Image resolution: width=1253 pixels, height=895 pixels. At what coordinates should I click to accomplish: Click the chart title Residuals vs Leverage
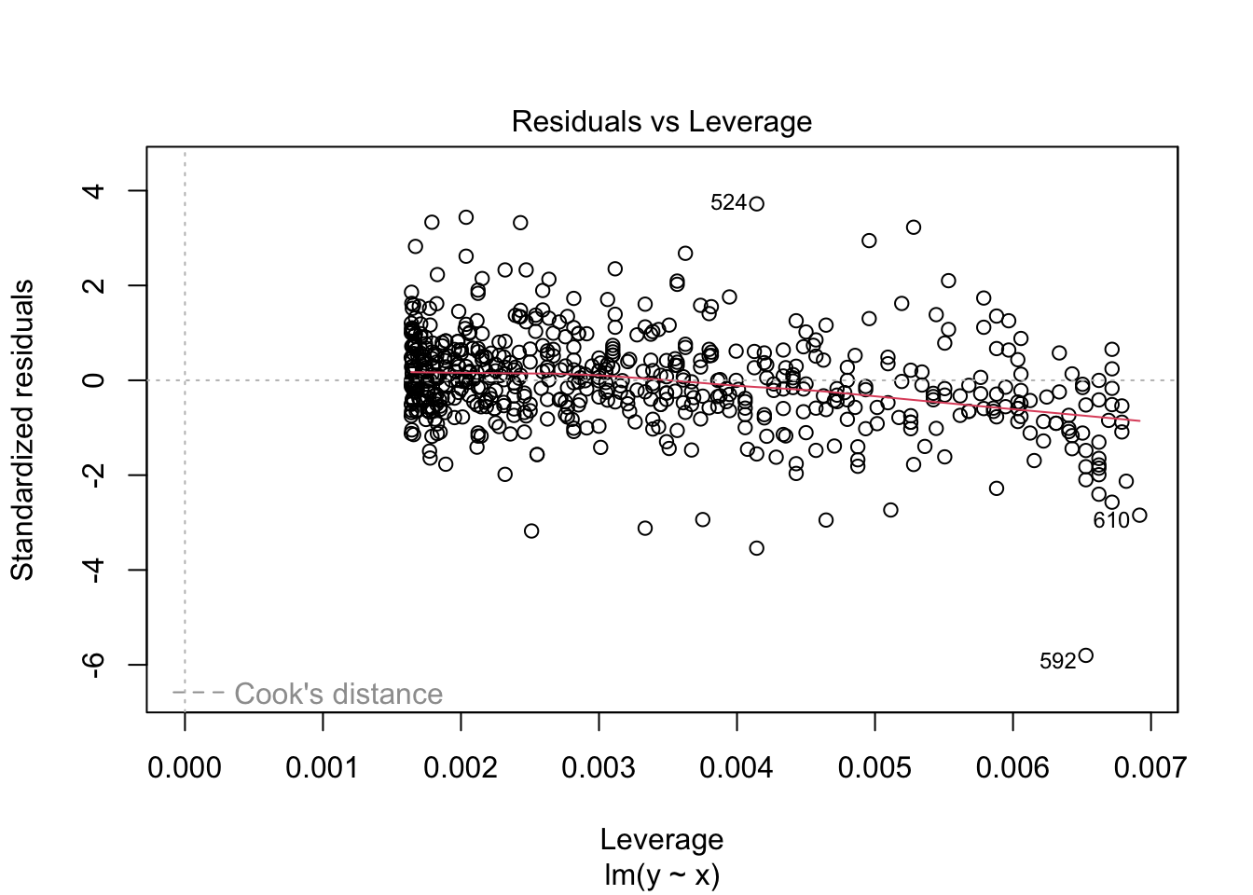[x=662, y=122]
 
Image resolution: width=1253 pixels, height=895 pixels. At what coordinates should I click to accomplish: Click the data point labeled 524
[x=756, y=204]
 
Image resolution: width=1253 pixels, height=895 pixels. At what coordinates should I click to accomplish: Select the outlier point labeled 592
[x=1085, y=655]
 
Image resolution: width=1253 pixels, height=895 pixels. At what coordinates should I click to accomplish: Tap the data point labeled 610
[x=1139, y=516]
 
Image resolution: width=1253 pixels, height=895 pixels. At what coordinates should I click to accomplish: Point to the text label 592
[x=1057, y=662]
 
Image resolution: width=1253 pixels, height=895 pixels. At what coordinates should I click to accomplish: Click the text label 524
[x=728, y=203]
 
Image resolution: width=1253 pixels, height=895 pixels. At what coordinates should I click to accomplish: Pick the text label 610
[x=1110, y=521]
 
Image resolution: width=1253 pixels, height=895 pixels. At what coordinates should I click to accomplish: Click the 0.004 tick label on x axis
[x=737, y=768]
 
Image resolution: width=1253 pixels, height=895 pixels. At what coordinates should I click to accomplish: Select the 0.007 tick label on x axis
[x=1150, y=768]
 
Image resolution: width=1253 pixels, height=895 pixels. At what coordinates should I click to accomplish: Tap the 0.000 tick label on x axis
[x=185, y=768]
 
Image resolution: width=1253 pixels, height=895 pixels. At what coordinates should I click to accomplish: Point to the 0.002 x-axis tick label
[x=461, y=768]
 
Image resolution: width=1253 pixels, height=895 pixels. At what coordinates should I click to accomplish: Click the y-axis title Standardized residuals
[x=22, y=429]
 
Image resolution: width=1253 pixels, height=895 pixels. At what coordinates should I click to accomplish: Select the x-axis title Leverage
[x=662, y=840]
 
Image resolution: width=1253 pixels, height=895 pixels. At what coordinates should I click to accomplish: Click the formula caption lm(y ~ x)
[x=662, y=875]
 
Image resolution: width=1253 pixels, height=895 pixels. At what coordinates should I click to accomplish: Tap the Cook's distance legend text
[x=338, y=695]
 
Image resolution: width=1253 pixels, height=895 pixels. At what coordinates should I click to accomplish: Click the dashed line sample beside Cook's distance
[x=199, y=693]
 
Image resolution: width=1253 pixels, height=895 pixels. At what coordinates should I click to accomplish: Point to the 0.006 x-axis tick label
[x=1013, y=768]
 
